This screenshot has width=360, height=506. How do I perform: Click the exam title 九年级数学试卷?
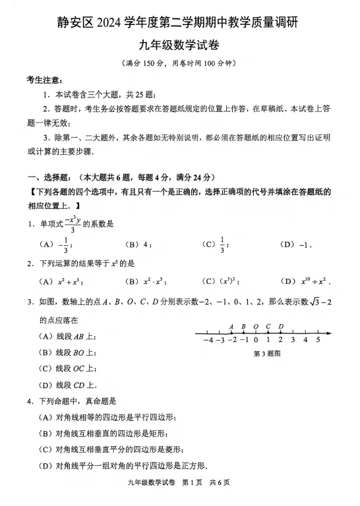tap(179, 45)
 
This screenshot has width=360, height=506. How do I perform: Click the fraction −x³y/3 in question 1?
tap(73, 224)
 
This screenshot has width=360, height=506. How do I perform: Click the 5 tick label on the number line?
tap(318, 341)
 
